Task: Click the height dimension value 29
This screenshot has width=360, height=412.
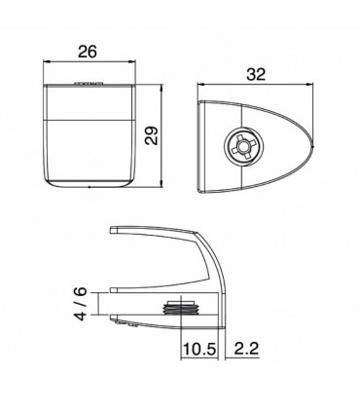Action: point(151,136)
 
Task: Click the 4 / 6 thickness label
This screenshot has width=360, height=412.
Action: point(83,303)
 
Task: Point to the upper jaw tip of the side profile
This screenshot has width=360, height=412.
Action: point(114,231)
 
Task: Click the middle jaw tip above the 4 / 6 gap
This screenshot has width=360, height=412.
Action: point(114,290)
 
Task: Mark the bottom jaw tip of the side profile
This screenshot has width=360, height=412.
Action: point(114,319)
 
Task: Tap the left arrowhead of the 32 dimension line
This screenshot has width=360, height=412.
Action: point(199,84)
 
